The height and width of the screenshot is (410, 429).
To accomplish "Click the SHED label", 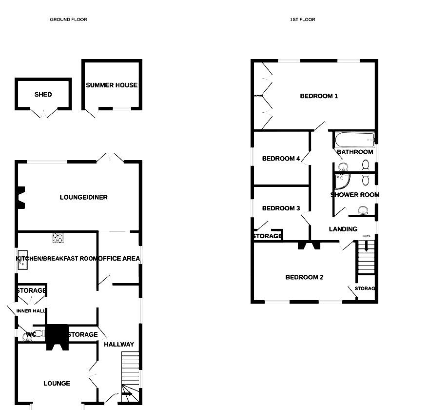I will [x=43, y=94].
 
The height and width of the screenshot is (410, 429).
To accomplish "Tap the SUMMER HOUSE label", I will [x=112, y=85].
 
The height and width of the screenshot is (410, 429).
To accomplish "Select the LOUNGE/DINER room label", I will [x=83, y=197].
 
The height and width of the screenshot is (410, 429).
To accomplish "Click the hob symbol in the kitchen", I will [x=58, y=238].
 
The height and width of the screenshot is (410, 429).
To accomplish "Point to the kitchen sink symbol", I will [x=22, y=264].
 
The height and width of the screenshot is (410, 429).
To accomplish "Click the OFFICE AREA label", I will [x=119, y=258].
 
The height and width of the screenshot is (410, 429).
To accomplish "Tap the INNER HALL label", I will [x=30, y=311].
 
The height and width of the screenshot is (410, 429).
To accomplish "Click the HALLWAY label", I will [x=118, y=344].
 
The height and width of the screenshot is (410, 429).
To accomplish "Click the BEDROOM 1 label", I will [x=319, y=96].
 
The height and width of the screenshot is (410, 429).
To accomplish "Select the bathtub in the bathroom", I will [x=355, y=140].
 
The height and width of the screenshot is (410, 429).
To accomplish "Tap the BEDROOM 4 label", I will [x=281, y=159].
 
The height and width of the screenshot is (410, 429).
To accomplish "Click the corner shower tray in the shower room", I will [x=343, y=182].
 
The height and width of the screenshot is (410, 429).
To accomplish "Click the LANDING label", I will [x=343, y=229].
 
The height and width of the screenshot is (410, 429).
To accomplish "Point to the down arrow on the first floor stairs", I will [x=366, y=247].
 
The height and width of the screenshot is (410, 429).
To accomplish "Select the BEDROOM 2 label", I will [x=304, y=277].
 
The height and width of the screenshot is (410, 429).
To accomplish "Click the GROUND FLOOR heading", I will [x=68, y=20].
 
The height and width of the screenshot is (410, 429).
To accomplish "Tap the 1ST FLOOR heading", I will [x=302, y=20].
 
